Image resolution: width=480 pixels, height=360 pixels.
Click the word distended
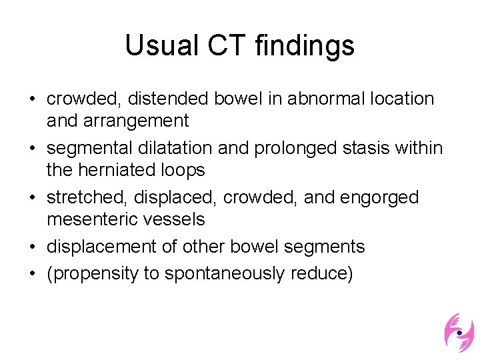pyautogui.click(x=171, y=99)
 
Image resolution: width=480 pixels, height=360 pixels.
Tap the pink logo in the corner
pyautogui.click(x=459, y=332)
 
